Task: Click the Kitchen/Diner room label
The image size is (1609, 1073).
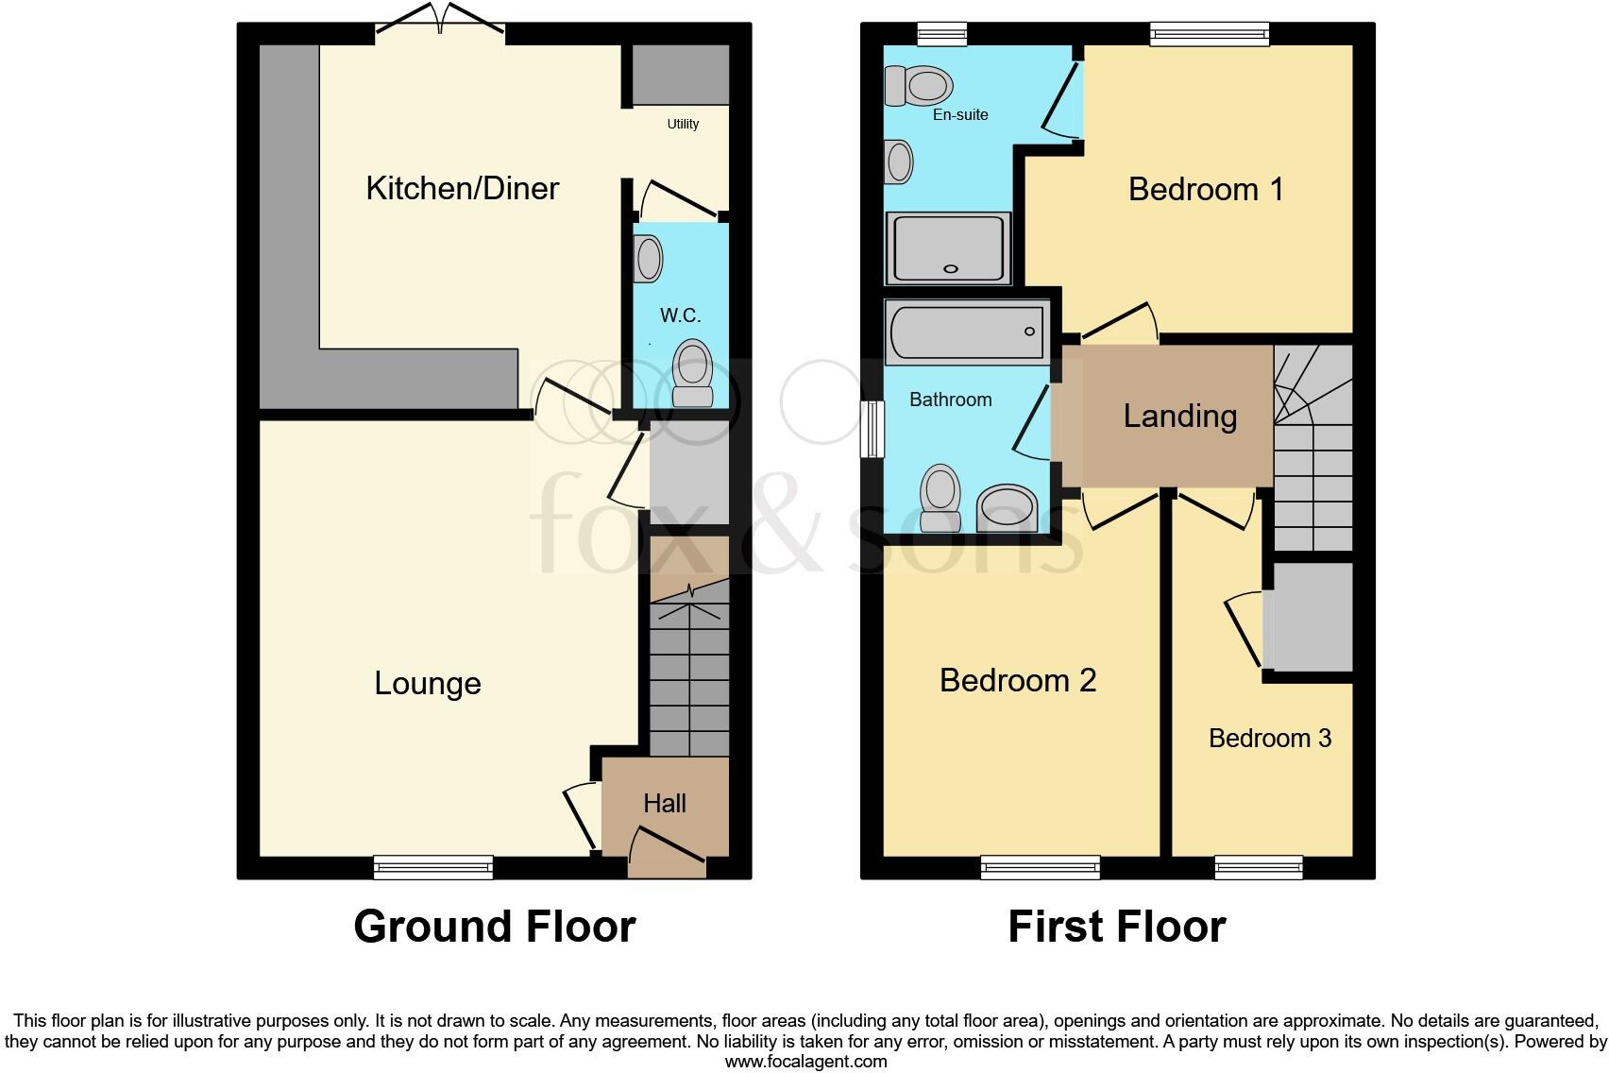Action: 462,188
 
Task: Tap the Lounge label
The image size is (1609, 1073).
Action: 428,683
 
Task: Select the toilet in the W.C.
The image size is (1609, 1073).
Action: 693,374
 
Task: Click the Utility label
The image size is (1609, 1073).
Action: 683,124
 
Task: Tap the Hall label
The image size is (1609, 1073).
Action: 665,804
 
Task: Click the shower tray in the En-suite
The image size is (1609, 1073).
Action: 948,247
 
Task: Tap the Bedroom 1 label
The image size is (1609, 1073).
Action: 1206,190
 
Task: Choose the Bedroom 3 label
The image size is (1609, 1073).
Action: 1270,738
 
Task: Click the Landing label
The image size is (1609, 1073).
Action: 1179,417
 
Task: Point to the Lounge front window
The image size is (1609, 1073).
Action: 433,866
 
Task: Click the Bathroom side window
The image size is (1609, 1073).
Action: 872,429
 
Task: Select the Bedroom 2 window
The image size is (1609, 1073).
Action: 1041,866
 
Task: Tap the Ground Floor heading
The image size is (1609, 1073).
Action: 494,927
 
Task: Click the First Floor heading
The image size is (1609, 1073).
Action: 1116,927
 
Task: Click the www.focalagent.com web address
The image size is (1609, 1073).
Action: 805,1061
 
